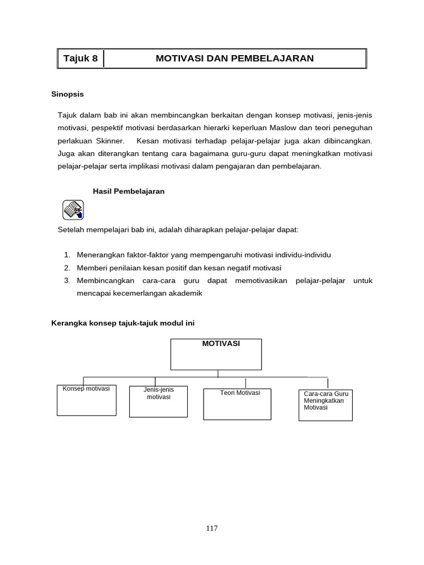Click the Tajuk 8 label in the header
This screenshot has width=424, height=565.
[x=80, y=58]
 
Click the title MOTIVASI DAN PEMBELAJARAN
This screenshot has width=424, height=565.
[x=235, y=58]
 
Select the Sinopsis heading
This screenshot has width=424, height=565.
[x=67, y=94]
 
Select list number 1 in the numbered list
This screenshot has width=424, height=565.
[x=67, y=255]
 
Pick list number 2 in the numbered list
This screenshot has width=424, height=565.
[x=67, y=268]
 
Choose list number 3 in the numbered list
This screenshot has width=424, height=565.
[x=67, y=281]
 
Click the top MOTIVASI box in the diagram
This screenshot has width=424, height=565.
[x=216, y=354]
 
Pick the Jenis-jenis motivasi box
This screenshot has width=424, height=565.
[x=158, y=401]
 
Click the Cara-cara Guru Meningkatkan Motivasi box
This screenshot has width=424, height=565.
[x=325, y=405]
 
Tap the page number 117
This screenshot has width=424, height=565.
[x=212, y=528]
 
